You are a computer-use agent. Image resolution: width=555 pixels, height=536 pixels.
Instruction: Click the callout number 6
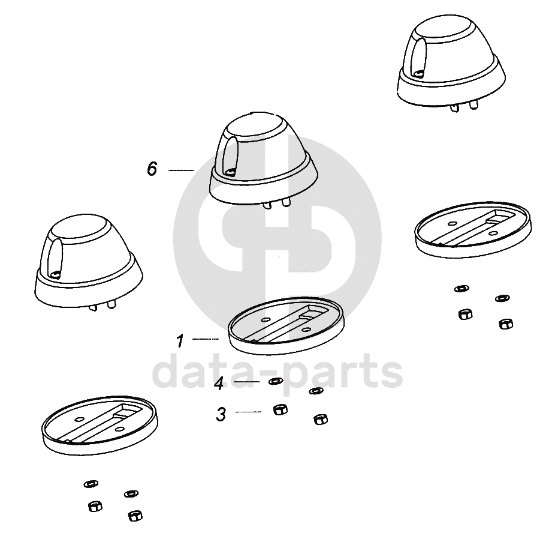tap(152, 169)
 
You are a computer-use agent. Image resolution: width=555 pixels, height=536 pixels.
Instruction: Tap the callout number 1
tap(180, 341)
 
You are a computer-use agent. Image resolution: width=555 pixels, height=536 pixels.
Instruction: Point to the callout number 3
tap(221, 414)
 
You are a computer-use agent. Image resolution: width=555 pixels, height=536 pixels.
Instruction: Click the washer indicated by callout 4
tap(275, 381)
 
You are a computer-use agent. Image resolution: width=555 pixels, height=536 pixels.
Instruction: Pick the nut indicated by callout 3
tap(280, 409)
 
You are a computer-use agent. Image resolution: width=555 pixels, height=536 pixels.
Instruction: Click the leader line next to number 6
tap(181, 170)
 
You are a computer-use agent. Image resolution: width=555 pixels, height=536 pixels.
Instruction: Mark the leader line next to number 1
tap(206, 339)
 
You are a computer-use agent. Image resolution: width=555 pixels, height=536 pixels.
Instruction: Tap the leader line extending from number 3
tap(248, 412)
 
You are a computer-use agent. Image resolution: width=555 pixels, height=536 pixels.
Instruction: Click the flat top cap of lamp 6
tap(252, 127)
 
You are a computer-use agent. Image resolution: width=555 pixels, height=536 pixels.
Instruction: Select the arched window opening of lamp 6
tap(230, 156)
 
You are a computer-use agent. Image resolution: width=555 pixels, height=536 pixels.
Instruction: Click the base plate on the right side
tap(473, 230)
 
